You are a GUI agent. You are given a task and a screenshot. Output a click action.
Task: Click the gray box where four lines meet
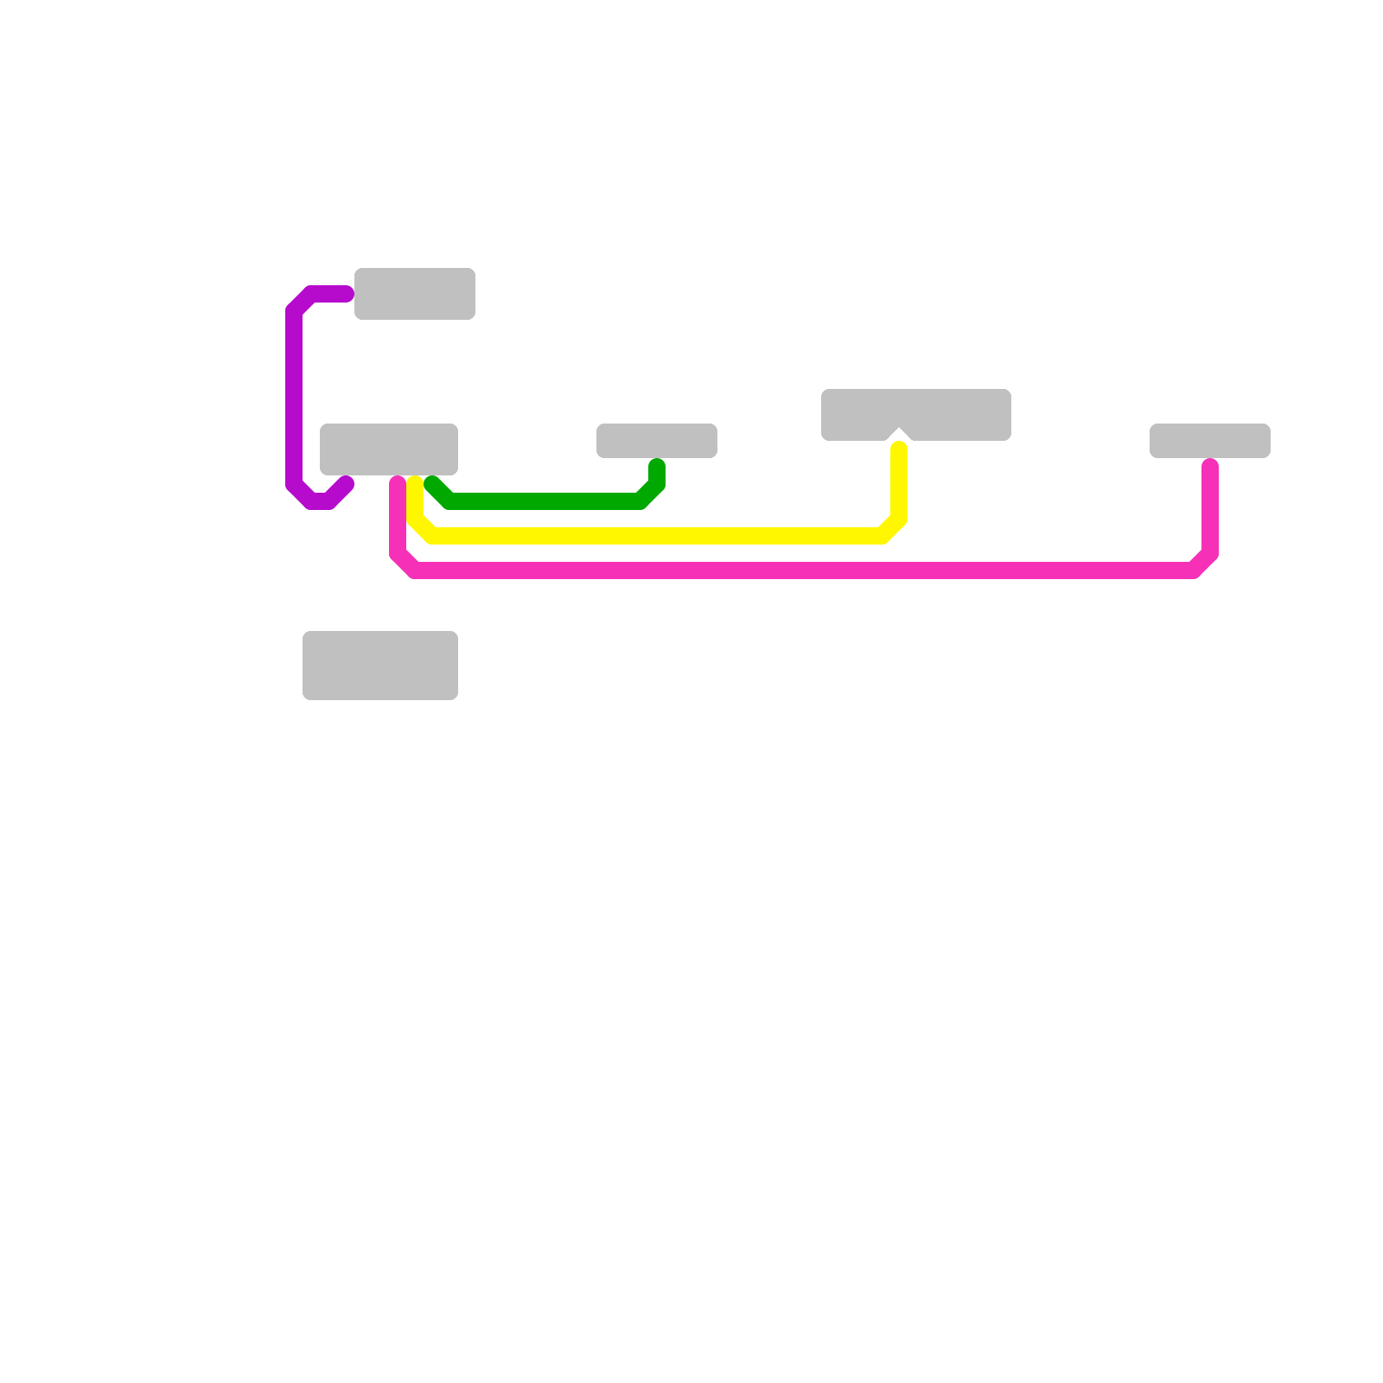(388, 449)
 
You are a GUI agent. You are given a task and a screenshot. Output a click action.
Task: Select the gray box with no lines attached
(379, 665)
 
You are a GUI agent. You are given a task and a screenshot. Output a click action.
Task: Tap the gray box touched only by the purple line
(414, 293)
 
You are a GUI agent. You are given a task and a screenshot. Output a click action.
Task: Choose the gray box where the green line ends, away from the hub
(656, 440)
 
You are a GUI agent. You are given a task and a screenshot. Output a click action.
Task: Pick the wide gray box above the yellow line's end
(915, 412)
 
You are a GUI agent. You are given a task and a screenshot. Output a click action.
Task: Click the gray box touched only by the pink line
(1209, 440)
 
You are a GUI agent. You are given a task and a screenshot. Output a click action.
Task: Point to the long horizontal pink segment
(804, 570)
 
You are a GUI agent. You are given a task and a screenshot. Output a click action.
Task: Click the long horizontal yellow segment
(657, 536)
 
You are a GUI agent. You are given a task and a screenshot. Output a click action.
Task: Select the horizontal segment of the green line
(545, 501)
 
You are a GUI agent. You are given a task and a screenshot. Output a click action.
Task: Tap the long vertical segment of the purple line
(294, 398)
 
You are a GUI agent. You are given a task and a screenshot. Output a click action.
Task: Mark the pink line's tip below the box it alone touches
(1210, 466)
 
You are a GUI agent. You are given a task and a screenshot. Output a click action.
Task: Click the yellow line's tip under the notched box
(899, 448)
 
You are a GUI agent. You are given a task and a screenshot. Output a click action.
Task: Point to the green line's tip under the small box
(657, 466)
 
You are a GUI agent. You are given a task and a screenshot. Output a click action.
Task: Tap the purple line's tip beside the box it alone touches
(347, 294)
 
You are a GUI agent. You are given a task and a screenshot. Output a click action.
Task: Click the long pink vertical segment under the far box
(1210, 510)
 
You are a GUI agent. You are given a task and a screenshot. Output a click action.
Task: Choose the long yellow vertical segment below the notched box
(899, 484)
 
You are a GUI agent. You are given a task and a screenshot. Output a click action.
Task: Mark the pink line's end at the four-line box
(398, 481)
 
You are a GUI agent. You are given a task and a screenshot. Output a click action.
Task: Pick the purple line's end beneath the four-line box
(347, 483)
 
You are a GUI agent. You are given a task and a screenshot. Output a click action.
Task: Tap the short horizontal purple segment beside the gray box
(328, 294)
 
